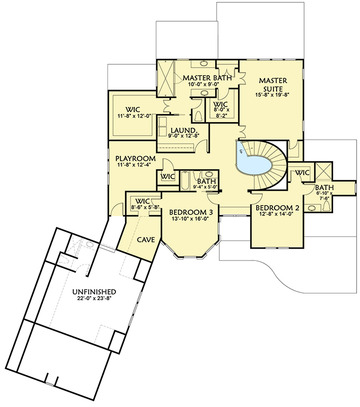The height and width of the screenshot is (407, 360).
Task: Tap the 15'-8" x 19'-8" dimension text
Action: click(x=273, y=94)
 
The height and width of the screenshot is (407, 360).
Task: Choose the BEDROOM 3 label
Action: click(x=188, y=212)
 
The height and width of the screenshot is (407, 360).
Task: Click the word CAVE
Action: click(x=146, y=239)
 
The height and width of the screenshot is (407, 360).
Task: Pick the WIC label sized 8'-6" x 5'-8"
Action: click(x=143, y=201)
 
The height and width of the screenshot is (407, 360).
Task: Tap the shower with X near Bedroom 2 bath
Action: click(x=323, y=170)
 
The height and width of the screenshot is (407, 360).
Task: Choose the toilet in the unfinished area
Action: click(x=69, y=259)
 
